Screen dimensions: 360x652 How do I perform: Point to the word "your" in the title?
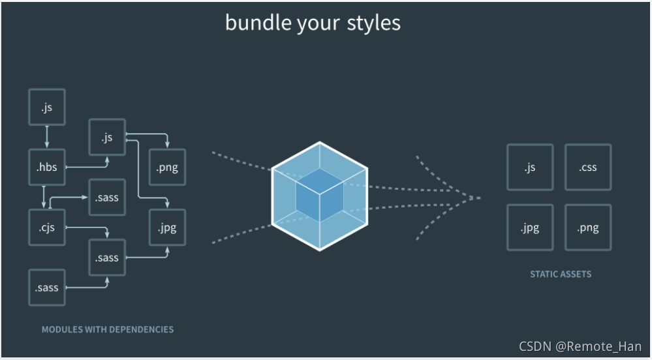[315, 23]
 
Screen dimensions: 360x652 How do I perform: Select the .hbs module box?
[47, 168]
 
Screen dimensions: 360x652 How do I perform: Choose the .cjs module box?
[47, 228]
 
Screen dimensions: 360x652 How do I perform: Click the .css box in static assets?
[587, 168]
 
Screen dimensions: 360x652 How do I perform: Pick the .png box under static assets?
[587, 228]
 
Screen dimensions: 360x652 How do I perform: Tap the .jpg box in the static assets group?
[530, 228]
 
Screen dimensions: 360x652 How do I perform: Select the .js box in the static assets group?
[530, 168]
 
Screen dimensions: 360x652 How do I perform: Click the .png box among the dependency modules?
[167, 168]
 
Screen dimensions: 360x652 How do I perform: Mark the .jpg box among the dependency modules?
[167, 228]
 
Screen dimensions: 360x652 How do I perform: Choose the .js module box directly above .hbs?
[47, 108]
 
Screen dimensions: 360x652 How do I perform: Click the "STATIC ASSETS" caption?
[561, 275]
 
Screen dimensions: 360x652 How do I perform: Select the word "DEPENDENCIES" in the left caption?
[142, 329]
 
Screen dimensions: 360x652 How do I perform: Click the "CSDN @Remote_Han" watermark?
[580, 346]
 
